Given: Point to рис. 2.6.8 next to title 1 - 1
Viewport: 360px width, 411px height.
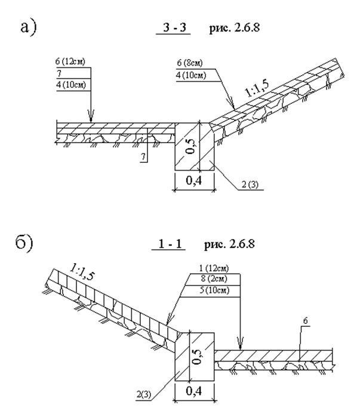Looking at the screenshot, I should pyautogui.click(x=224, y=243).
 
